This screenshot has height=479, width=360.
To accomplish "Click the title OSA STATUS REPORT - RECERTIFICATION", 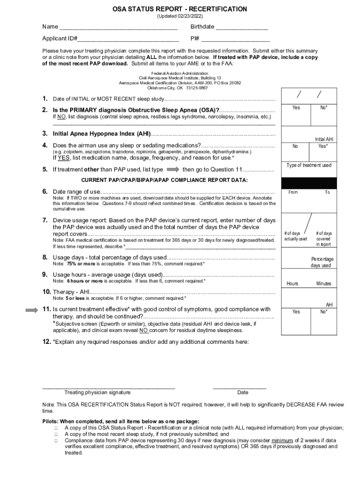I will pyautogui.click(x=180, y=9).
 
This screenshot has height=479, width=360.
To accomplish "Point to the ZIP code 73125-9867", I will pyautogui.click(x=197, y=87).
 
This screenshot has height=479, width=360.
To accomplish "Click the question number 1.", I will pyautogui.click(x=45, y=99).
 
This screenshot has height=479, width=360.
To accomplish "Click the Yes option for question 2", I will pyautogui.click(x=296, y=108).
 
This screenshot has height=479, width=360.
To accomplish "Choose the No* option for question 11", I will pyautogui.click(x=324, y=312).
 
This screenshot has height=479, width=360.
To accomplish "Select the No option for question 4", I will pyautogui.click(x=295, y=146).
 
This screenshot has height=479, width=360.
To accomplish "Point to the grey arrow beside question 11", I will pyautogui.click(x=32, y=310).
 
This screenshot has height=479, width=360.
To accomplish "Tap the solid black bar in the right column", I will pyautogui.click(x=308, y=183).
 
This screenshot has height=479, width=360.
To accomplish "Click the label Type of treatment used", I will pyautogui.click(x=309, y=165).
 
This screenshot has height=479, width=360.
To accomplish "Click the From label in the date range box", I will pyautogui.click(x=293, y=192).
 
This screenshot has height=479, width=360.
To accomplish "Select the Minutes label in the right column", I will pyautogui.click(x=324, y=283).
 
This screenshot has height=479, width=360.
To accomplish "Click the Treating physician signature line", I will pyautogui.click(x=108, y=388).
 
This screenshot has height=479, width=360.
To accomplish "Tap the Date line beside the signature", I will pyautogui.click(x=239, y=388).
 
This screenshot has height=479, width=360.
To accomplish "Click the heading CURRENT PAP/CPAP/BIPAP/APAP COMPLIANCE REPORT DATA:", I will pyautogui.click(x=165, y=180).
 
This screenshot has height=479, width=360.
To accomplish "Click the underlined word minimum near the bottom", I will pyautogui.click(x=282, y=440).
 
